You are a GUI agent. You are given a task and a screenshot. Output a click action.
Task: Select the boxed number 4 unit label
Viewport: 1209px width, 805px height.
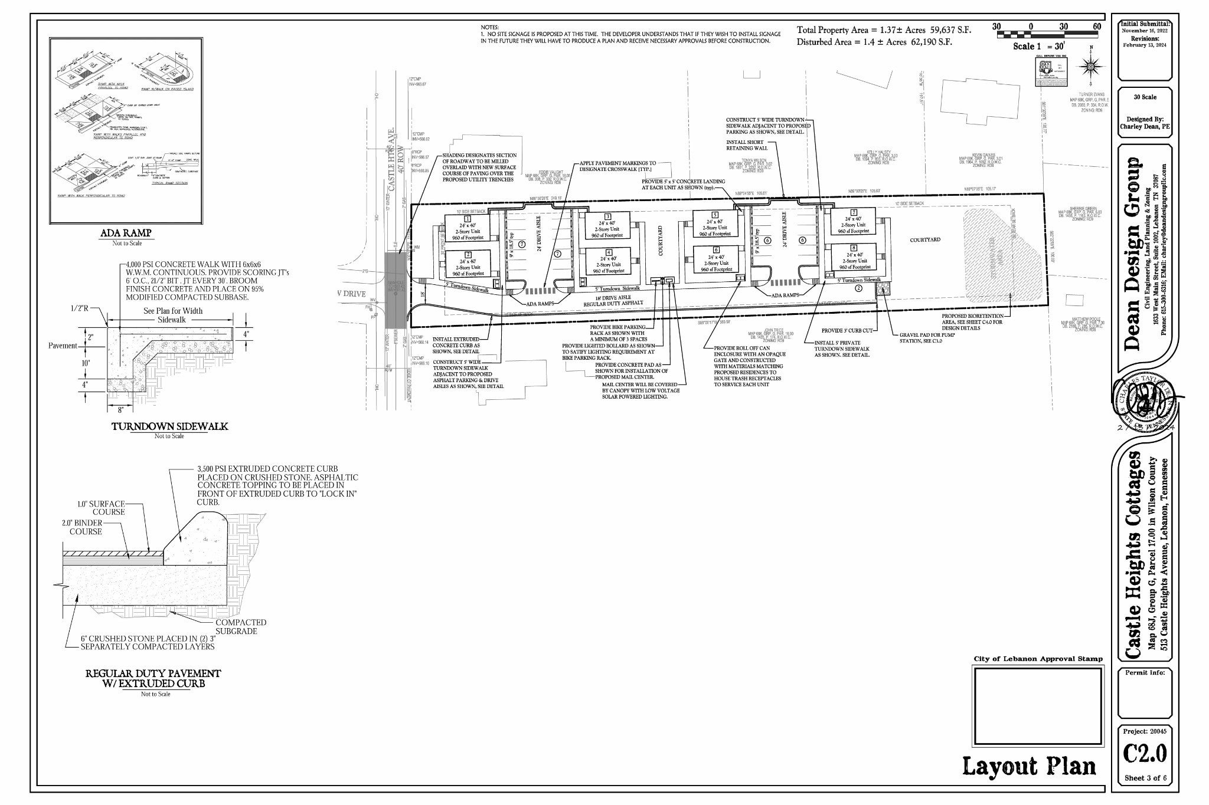[x=608, y=252]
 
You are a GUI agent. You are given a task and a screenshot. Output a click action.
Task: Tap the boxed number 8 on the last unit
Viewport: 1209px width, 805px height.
[x=853, y=248]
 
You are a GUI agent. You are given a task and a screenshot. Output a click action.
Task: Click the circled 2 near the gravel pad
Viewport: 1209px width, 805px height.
[x=858, y=288]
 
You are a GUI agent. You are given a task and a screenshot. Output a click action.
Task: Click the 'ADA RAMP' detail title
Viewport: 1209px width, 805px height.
[x=125, y=233]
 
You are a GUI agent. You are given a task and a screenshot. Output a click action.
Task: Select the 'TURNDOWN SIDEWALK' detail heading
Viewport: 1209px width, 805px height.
[x=170, y=426]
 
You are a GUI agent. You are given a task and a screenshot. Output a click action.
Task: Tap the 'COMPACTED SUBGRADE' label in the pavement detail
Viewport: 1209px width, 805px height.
[x=241, y=626]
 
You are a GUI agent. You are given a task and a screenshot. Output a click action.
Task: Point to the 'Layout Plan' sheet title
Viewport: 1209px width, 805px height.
[x=1029, y=767]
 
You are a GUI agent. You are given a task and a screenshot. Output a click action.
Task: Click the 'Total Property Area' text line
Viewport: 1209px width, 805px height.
[x=883, y=30]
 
